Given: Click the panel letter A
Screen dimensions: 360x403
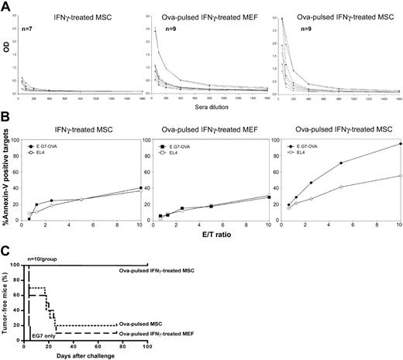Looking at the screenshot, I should coord(5,6).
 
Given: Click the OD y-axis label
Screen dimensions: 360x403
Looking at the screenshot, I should coord(8,56).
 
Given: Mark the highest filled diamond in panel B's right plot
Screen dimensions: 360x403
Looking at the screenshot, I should coord(396,144).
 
